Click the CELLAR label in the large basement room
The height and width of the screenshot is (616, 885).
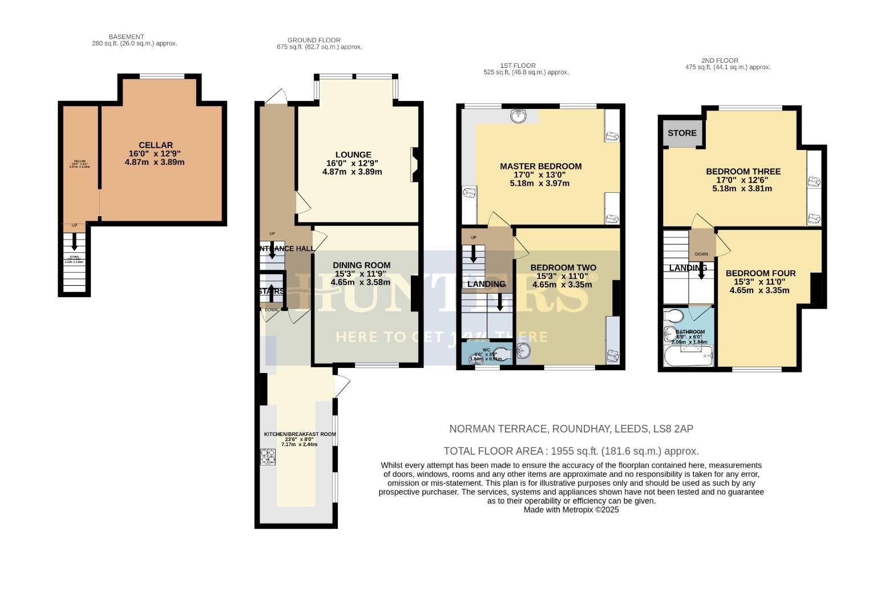click(155, 145)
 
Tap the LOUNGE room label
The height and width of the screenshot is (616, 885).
click(353, 155)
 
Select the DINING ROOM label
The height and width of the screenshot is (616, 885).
click(362, 265)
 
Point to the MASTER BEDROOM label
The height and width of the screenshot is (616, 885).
click(540, 167)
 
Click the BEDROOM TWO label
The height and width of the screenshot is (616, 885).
click(563, 268)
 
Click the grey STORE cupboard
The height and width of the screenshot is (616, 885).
click(682, 133)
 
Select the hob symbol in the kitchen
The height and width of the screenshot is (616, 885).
click(268, 457)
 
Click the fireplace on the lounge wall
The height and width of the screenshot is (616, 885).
click(415, 165)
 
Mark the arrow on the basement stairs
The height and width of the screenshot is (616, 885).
click(74, 244)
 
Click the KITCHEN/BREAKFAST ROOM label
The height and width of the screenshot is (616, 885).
click(300, 434)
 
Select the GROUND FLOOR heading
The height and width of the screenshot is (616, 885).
click(314, 40)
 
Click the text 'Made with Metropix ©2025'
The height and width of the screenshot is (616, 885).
click(571, 510)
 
